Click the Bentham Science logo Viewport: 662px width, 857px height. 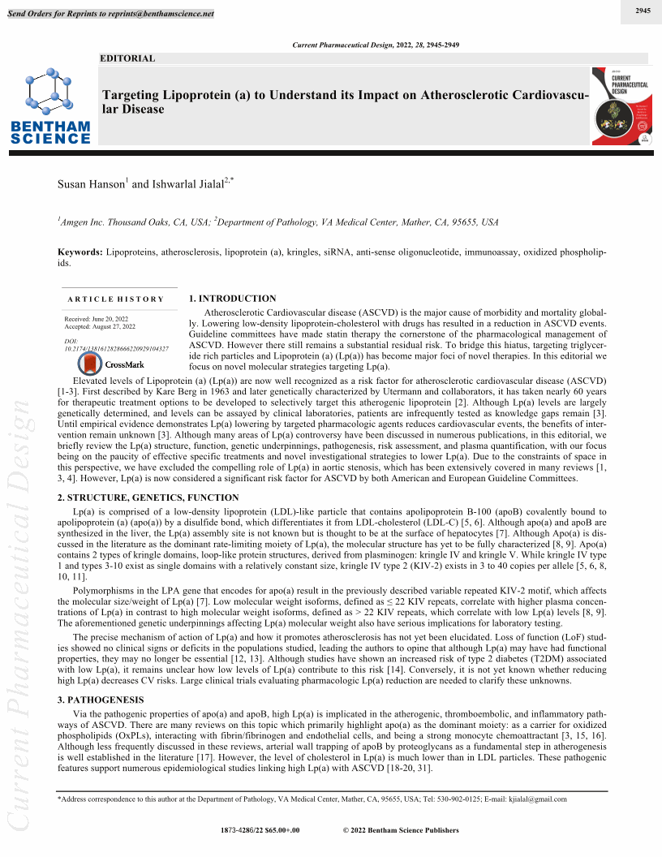[x=50, y=105]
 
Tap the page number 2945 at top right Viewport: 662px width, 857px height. [x=643, y=11]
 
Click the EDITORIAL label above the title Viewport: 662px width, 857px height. [x=127, y=58]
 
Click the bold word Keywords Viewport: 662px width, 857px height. [x=80, y=253]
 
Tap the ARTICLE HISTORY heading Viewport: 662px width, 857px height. [x=116, y=299]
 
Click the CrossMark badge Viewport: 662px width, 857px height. [x=113, y=364]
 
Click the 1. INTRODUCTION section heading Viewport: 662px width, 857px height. [x=232, y=299]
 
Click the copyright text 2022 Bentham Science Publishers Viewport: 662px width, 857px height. [x=401, y=830]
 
